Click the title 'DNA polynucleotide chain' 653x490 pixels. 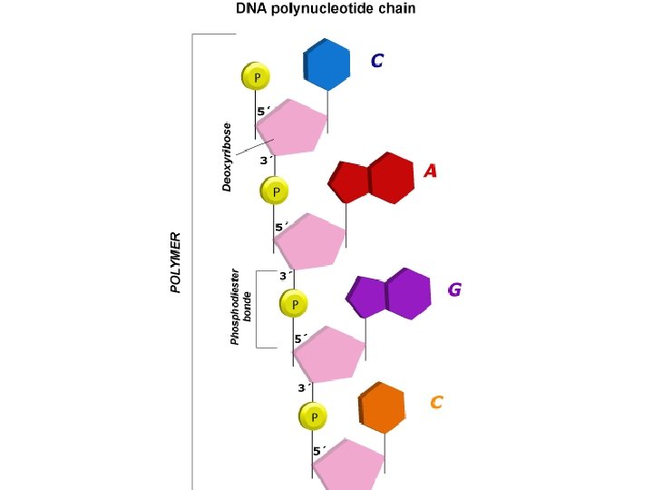(x=326, y=10)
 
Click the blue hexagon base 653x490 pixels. (x=326, y=64)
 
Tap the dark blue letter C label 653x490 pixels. (x=376, y=61)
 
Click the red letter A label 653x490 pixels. (x=430, y=171)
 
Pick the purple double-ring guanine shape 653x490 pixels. (x=389, y=294)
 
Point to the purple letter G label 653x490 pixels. (x=454, y=290)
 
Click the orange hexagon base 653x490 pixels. (x=382, y=407)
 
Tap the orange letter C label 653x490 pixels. (x=436, y=402)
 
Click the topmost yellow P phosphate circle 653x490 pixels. (x=256, y=77)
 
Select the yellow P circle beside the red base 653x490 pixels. (x=275, y=191)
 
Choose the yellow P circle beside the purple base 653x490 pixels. (x=294, y=303)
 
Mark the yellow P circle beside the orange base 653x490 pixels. (x=313, y=417)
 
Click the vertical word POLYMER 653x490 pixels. (x=176, y=262)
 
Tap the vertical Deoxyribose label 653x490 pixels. (x=228, y=157)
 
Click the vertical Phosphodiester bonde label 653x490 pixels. (x=240, y=306)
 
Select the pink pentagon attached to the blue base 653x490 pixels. (x=291, y=128)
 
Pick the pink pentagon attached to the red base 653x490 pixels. (x=310, y=241)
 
